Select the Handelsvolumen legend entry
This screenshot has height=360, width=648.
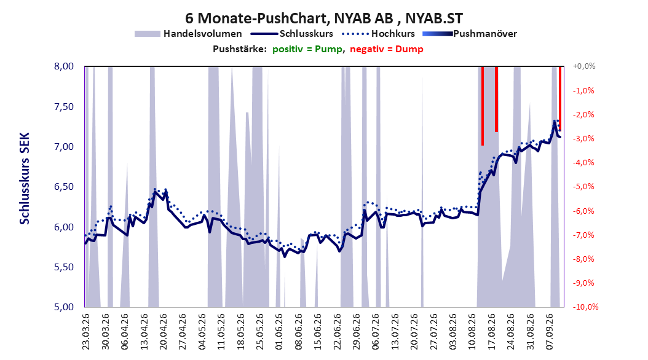[188, 34]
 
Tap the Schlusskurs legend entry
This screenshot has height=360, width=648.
[292, 34]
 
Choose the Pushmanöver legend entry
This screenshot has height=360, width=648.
[470, 34]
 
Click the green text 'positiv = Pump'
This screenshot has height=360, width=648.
[307, 49]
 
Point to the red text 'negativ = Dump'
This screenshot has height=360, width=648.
[387, 49]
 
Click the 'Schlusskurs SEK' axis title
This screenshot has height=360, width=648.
[25, 178]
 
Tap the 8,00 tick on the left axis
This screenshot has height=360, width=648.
[64, 66]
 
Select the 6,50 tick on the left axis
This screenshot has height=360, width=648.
[64, 187]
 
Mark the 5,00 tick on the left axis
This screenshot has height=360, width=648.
[64, 307]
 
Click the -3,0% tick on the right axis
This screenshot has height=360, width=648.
[583, 139]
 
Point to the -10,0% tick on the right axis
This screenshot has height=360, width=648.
[585, 307]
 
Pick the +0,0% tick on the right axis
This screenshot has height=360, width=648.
[584, 66]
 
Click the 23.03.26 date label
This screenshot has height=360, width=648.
[85, 332]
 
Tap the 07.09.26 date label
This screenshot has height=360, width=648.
[550, 332]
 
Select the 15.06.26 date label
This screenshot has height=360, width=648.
[318, 332]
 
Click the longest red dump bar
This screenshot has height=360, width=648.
[482, 106]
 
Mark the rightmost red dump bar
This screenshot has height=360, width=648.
[560, 99]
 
